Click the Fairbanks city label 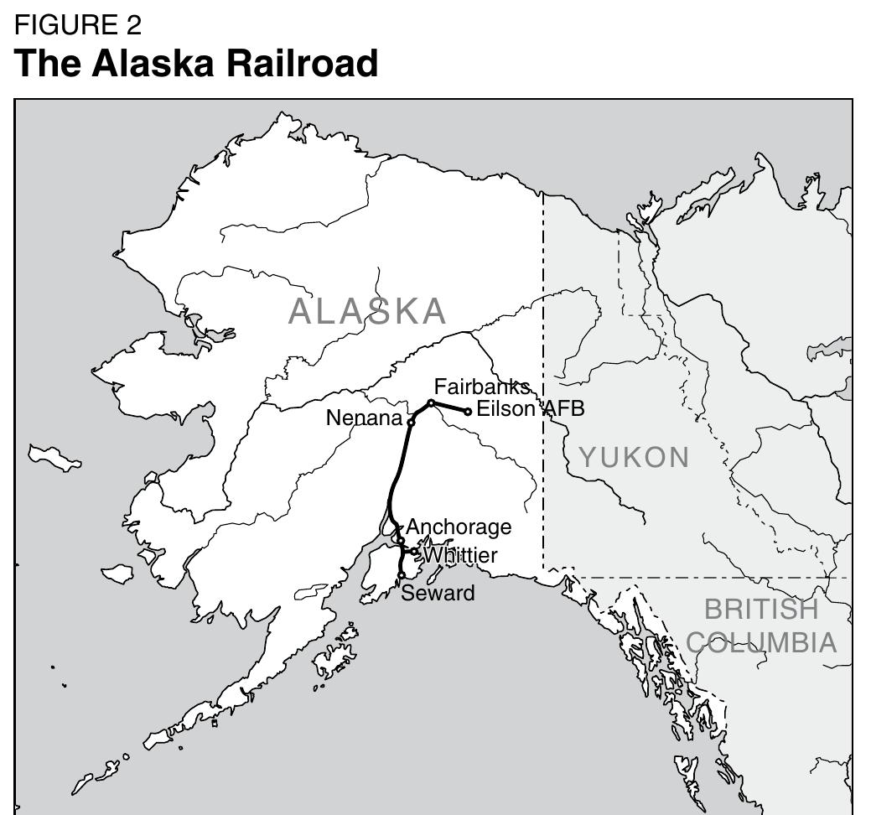(x=482, y=387)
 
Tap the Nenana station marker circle (x=412, y=422)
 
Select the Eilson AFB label (x=530, y=409)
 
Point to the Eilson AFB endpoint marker (x=468, y=411)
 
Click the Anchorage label (x=459, y=527)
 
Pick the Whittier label (x=460, y=555)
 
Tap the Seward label (x=438, y=594)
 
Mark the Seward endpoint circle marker (x=402, y=575)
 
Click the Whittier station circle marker (x=414, y=552)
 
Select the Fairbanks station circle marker (x=431, y=403)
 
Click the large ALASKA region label (x=367, y=312)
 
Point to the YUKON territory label (x=635, y=458)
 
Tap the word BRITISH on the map (x=760, y=609)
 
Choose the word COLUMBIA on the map (x=761, y=643)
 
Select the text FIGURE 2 (x=79, y=25)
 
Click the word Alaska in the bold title (x=153, y=64)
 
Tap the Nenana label (x=364, y=418)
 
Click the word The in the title (x=47, y=64)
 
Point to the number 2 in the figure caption (x=134, y=25)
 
